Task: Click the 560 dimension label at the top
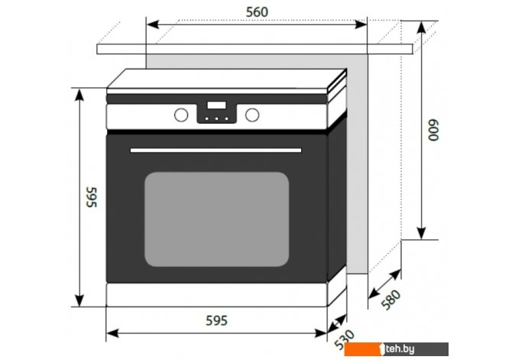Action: click(x=257, y=12)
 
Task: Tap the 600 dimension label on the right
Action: click(x=433, y=130)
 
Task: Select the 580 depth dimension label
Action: click(x=390, y=300)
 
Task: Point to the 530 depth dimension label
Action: click(x=345, y=339)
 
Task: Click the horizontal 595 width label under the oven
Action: click(x=216, y=321)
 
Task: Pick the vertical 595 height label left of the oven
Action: click(x=92, y=197)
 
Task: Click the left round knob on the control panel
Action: click(x=181, y=115)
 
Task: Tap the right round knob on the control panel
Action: click(x=252, y=115)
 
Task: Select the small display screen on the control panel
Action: click(x=216, y=105)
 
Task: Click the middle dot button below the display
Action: click(x=216, y=118)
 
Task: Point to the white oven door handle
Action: click(x=215, y=151)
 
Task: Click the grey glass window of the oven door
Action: click(x=217, y=219)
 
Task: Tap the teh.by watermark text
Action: click(x=400, y=349)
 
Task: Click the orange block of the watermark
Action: click(x=363, y=349)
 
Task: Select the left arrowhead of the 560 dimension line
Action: click(x=153, y=24)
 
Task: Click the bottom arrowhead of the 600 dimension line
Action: click(x=422, y=233)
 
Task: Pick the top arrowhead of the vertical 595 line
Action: click(x=79, y=95)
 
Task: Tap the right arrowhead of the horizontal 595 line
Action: click(x=320, y=333)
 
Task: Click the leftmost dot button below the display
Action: click(x=206, y=118)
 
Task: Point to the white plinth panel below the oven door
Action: click(x=216, y=295)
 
